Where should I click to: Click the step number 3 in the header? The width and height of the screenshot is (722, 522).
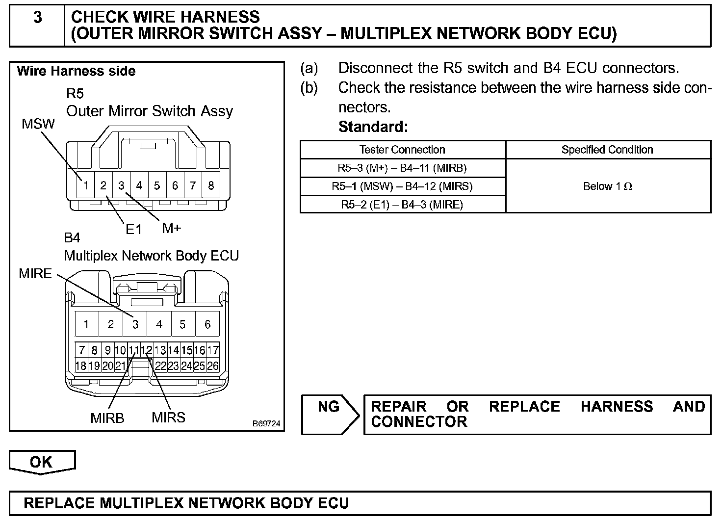point(37,18)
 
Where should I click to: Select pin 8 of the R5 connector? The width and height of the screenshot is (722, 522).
point(211,185)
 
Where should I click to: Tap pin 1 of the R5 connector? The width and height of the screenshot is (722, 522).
point(86,185)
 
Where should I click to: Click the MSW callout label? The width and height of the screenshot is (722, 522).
point(38,124)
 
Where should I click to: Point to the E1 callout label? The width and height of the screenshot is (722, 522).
point(133,229)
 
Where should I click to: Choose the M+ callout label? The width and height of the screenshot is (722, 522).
point(171,228)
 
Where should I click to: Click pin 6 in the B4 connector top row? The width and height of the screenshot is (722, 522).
point(207,324)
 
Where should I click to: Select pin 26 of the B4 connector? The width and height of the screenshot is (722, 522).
point(213,365)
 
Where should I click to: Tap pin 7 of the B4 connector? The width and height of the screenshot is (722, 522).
point(82,350)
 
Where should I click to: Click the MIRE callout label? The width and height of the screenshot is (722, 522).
point(35,274)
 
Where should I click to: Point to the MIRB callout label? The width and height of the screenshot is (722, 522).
point(107,418)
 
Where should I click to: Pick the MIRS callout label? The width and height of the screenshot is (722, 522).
point(168,418)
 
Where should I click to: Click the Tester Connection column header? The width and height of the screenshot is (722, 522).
point(402,150)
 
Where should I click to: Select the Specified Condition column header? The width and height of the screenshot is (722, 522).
point(607,150)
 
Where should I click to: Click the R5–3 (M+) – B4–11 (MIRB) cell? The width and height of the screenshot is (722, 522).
point(402,168)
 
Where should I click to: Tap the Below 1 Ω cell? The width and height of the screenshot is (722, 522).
point(608,186)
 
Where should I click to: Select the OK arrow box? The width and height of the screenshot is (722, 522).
point(42,462)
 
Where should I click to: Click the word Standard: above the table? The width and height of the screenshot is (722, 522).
point(373,127)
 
